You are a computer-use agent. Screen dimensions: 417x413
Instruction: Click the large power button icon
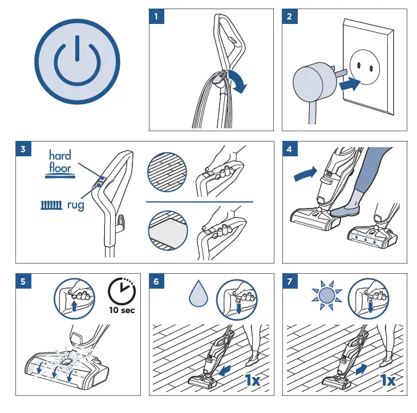(x=77, y=62)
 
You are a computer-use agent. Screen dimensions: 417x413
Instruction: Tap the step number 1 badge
(x=156, y=17)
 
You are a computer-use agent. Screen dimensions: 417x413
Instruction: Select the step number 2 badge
(x=290, y=17)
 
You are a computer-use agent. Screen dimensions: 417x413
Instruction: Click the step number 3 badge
(x=23, y=149)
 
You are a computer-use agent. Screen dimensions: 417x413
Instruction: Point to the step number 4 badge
(x=290, y=149)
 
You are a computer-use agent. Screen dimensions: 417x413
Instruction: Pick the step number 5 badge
(x=23, y=281)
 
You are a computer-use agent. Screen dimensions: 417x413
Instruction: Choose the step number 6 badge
(x=156, y=281)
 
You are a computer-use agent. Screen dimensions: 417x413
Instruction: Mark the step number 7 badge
(x=290, y=281)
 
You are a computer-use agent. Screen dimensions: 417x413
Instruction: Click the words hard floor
(x=60, y=161)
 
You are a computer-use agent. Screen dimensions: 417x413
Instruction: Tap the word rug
(x=75, y=205)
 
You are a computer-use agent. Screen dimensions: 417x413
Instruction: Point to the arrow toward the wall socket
(x=350, y=84)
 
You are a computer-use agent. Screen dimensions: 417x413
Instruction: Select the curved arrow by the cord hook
(x=238, y=80)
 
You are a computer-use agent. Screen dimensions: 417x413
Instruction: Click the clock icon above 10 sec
(x=122, y=291)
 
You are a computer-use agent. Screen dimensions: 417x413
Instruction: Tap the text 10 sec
(x=122, y=310)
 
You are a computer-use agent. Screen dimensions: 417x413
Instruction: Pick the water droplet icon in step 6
(x=198, y=293)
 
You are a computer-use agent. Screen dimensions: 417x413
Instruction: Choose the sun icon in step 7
(x=327, y=295)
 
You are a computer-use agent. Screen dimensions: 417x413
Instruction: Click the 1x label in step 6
(x=253, y=380)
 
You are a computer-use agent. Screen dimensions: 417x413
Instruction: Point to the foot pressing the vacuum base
(x=345, y=210)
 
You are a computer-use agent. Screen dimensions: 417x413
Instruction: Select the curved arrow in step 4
(x=306, y=173)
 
